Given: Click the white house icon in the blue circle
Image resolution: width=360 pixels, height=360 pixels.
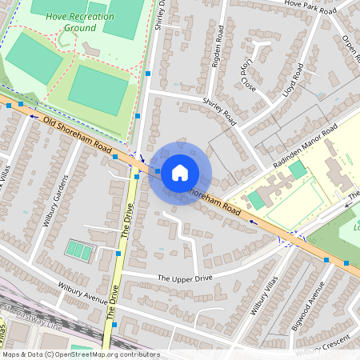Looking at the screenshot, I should (180, 173).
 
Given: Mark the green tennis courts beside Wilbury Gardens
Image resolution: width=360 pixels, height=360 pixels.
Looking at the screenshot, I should (78, 250).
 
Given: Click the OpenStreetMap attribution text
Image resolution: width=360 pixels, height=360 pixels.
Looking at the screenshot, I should (80, 354).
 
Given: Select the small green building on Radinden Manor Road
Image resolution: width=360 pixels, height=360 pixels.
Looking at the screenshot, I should (297, 170).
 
